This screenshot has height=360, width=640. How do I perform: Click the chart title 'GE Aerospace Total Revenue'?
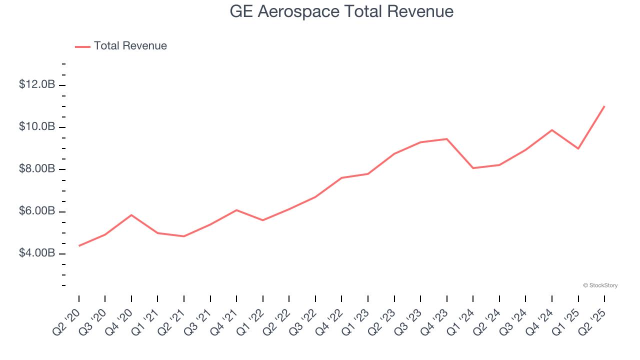341,11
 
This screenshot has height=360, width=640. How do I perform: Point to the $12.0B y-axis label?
37,84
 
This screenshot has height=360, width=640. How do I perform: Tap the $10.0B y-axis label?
37,127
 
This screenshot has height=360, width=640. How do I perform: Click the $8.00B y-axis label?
37,169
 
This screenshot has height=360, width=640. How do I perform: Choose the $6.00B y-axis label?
37,211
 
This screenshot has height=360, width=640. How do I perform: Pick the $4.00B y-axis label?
37,253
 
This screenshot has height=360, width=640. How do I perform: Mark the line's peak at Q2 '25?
604,106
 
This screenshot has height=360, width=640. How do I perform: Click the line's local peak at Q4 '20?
131,215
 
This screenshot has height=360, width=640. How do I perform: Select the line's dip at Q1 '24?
473,168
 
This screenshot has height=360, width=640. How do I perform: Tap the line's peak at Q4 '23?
446,139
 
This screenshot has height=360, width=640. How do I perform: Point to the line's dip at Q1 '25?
578,148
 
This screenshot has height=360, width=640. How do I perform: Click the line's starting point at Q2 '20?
79,245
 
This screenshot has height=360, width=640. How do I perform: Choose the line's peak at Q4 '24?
552,130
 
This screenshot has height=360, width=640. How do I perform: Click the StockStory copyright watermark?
600,285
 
